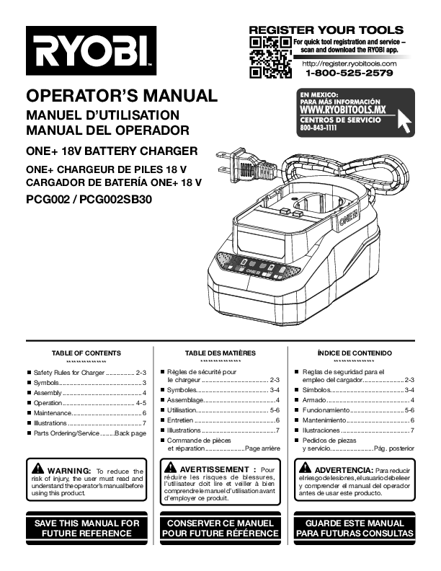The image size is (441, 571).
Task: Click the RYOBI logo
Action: pyautogui.click(x=91, y=51)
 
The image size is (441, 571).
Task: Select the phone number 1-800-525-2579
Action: pyautogui.click(x=349, y=73)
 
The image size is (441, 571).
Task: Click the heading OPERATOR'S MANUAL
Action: pyautogui.click(x=121, y=96)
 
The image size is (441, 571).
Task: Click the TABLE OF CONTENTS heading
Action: pyautogui.click(x=86, y=353)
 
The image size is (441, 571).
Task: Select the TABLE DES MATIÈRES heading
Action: pyautogui.click(x=220, y=353)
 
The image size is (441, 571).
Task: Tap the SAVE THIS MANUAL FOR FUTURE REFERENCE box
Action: pyautogui.click(x=86, y=528)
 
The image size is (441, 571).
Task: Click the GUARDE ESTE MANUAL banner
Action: pyautogui.click(x=355, y=528)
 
